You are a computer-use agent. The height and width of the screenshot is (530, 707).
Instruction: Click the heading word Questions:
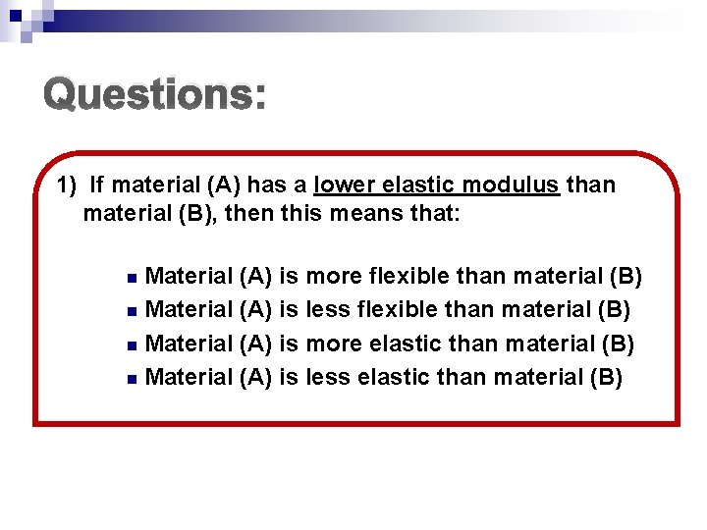(154, 95)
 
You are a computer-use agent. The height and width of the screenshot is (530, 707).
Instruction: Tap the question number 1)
(67, 185)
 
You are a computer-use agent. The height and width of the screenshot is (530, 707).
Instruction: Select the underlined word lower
(346, 185)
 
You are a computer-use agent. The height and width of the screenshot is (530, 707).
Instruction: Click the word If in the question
(95, 185)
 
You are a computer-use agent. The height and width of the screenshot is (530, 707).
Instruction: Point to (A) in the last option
(255, 378)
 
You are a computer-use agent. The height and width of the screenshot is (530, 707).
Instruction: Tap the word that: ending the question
(431, 212)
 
